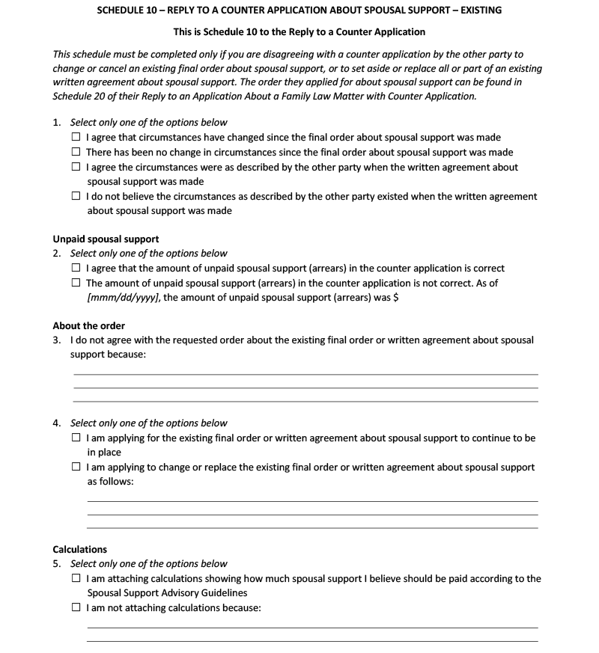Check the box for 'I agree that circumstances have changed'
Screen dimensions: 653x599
tap(76, 138)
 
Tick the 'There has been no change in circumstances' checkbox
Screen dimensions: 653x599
tap(76, 152)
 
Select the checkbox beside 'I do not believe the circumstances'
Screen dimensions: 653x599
tap(76, 196)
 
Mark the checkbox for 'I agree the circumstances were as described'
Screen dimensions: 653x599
tap(76, 167)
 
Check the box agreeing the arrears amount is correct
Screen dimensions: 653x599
tap(76, 268)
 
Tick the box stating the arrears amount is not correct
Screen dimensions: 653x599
tap(76, 283)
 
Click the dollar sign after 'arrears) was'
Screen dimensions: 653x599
tap(395, 298)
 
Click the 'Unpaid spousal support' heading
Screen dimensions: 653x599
tap(106, 239)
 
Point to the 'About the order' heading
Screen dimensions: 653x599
tap(88, 326)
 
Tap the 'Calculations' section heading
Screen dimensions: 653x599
tap(79, 549)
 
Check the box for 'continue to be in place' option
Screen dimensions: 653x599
tap(76, 438)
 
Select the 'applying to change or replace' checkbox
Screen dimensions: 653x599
tap(76, 467)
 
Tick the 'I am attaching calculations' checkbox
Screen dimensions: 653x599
tap(76, 578)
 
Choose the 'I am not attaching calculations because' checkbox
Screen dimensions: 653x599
tap(76, 607)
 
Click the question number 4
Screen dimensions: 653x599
tap(57, 423)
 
